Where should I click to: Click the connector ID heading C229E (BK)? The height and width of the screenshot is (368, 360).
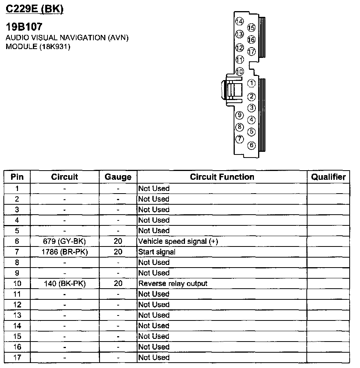(34, 9)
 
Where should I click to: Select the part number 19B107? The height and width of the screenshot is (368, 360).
(24, 27)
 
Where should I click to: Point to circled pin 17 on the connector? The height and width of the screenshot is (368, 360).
(251, 51)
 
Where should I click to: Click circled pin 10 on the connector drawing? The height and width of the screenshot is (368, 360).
(240, 71)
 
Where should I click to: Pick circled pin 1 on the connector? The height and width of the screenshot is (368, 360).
(251, 83)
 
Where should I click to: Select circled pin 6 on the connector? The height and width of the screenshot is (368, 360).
(251, 145)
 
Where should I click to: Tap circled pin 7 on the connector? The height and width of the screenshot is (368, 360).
(240, 139)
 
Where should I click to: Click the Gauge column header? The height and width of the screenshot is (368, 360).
(118, 177)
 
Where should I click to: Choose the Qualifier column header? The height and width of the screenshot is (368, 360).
(328, 177)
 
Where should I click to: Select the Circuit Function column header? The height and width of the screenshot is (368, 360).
(222, 177)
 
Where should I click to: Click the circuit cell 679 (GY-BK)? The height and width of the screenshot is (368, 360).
(65, 241)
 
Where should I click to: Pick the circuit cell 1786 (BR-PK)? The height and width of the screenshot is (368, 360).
(65, 252)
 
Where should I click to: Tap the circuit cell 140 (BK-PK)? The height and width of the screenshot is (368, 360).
(65, 283)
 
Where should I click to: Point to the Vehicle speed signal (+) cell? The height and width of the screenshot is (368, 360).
(178, 241)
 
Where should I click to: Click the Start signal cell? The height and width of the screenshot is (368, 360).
(157, 252)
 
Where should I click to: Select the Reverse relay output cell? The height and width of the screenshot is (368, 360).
(173, 283)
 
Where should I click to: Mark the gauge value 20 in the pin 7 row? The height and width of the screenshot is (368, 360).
(118, 252)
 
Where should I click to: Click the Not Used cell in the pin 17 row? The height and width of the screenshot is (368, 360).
(154, 357)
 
